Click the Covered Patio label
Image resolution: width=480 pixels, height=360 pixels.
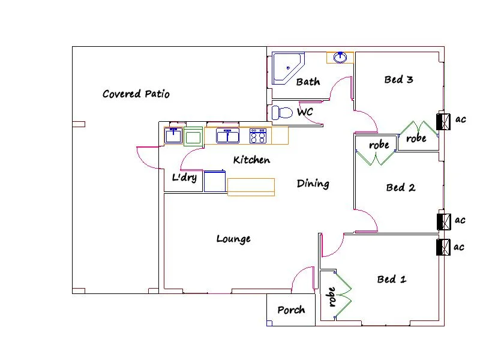136,94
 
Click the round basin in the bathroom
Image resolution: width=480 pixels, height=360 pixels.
340,58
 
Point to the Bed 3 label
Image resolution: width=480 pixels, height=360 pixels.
398,80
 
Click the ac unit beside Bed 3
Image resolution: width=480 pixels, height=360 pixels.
444,122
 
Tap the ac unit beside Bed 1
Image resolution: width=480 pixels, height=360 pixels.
444,248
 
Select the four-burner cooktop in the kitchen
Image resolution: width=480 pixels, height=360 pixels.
258,136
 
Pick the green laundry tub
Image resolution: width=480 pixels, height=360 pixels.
193,137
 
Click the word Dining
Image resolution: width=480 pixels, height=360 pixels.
313,184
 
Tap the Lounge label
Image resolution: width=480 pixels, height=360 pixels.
233,239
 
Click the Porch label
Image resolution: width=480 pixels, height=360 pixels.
291,310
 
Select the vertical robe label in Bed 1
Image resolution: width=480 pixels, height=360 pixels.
332,297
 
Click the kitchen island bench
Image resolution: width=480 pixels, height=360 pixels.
251,187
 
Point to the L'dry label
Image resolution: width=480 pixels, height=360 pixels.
184,178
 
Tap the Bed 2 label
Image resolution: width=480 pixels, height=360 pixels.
400,188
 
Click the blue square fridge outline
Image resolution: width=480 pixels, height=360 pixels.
214,181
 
